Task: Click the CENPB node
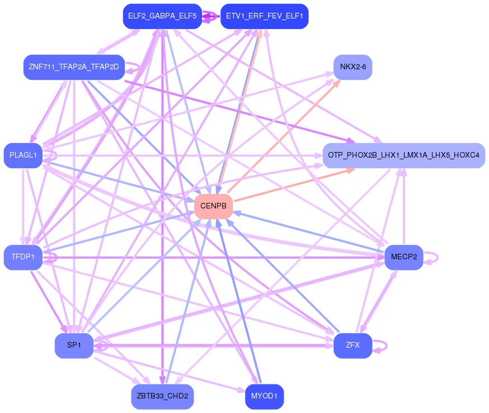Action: (213, 207)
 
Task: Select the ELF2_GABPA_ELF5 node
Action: (162, 16)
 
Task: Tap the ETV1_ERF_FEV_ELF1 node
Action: (264, 16)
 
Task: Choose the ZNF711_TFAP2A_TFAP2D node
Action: (73, 67)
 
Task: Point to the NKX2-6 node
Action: (352, 67)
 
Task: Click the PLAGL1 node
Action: (23, 155)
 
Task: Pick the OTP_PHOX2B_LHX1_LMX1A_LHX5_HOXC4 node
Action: (403, 155)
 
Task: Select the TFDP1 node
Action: (23, 257)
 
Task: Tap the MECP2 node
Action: (403, 257)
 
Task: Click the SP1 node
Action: (74, 345)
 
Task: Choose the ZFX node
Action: (352, 345)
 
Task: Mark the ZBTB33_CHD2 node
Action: (162, 396)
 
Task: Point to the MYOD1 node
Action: (264, 396)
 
